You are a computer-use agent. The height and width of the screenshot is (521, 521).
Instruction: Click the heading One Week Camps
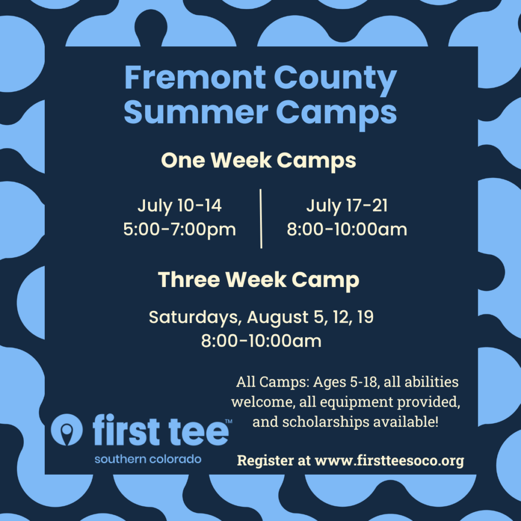(258, 160)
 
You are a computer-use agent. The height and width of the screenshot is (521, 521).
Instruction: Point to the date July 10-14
(180, 206)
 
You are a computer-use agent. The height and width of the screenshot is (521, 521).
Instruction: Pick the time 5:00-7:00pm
(180, 229)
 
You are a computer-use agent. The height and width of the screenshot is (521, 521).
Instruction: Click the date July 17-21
(347, 206)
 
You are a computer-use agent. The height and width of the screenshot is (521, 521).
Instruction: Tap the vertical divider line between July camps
(261, 219)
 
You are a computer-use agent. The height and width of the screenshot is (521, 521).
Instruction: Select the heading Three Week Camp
(258, 280)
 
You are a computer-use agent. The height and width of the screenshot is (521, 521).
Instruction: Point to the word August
(277, 317)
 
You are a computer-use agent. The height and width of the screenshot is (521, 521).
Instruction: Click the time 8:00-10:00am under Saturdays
(261, 341)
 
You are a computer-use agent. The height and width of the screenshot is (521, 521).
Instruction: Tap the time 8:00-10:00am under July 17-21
(347, 229)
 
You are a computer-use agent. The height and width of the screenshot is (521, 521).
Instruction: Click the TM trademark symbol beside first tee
(228, 421)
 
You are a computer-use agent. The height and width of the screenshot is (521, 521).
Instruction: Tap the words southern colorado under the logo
(148, 459)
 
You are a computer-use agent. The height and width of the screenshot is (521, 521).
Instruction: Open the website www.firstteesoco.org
(389, 461)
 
